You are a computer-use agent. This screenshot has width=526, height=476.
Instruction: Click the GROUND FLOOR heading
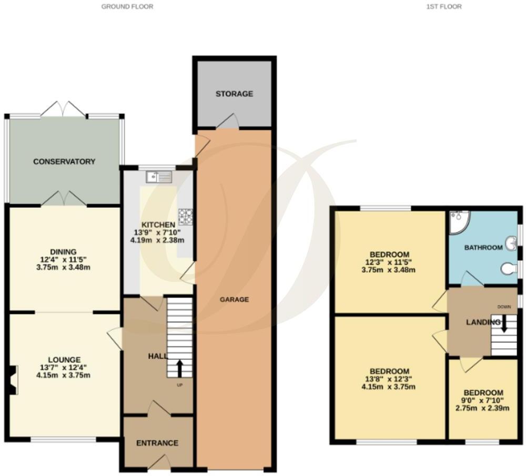click(x=127, y=7)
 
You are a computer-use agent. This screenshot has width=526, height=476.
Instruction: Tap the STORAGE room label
click(x=234, y=94)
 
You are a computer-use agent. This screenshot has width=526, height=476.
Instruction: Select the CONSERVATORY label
click(x=64, y=161)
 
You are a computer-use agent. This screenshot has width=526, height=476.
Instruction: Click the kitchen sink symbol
click(x=160, y=177)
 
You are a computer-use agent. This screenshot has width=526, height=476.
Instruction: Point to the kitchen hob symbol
click(x=186, y=216)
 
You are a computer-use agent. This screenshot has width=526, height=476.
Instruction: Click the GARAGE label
click(x=234, y=299)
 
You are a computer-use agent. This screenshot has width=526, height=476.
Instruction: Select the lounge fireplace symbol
click(x=13, y=380)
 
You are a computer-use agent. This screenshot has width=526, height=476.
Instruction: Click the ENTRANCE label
click(x=157, y=443)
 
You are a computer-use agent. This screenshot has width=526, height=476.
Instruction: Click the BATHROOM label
click(x=483, y=247)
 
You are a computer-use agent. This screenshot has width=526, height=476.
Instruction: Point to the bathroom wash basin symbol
click(x=510, y=244)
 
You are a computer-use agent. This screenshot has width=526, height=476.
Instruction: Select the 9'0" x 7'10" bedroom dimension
click(x=482, y=401)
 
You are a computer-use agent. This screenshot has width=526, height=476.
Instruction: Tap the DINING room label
click(x=64, y=251)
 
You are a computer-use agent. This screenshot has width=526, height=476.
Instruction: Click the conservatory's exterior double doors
click(x=64, y=109)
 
